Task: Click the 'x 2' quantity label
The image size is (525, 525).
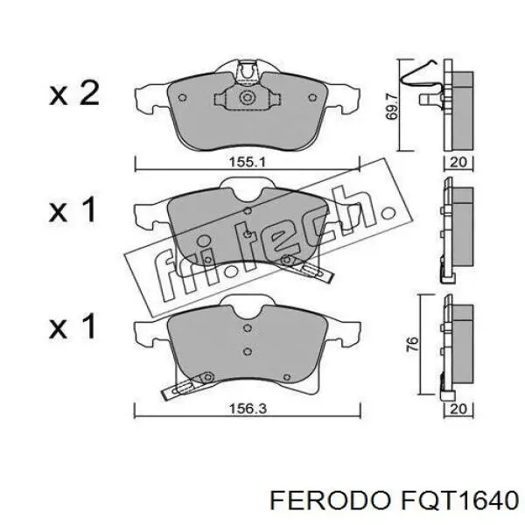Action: [73, 94]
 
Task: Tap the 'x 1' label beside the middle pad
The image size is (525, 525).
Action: [73, 211]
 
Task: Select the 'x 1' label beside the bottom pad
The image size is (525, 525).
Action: [73, 327]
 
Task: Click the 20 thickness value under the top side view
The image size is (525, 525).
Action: [458, 162]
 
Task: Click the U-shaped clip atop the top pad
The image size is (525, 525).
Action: [248, 69]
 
